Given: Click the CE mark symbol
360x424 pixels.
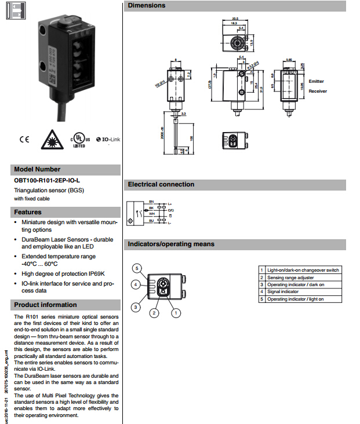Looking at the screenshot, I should [24, 140].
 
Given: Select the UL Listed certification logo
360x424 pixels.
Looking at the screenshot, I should [79, 140].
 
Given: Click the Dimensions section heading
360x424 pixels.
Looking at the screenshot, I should [147, 6].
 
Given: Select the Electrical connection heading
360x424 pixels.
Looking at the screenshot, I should [161, 185].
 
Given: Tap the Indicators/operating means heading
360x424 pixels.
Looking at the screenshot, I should [171, 244].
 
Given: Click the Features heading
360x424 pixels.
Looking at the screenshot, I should [28, 212].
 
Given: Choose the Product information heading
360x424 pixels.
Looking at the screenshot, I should [45, 305].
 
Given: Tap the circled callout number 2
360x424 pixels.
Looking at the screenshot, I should [154, 313].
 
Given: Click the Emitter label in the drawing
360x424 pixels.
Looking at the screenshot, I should [317, 82].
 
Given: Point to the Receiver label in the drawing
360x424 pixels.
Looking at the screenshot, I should [318, 91].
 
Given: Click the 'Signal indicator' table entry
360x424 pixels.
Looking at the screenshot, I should [283, 292].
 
